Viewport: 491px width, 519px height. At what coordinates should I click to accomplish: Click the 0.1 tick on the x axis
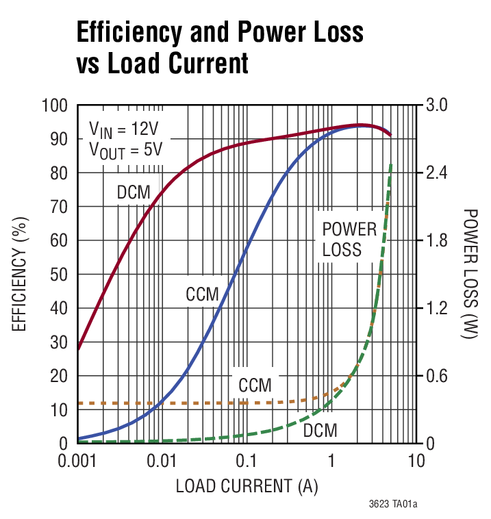click(x=246, y=461)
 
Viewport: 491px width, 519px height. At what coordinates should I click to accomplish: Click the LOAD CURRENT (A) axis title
click(x=247, y=487)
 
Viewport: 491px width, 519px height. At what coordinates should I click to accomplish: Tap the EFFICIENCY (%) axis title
click(x=20, y=275)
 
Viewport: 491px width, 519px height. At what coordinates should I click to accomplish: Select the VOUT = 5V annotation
click(x=126, y=149)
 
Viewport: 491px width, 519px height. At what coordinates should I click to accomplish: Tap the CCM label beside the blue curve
click(x=202, y=295)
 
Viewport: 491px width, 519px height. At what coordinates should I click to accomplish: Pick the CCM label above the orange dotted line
click(x=255, y=385)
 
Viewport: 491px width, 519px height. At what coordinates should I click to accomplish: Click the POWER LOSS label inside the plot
click(x=349, y=239)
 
